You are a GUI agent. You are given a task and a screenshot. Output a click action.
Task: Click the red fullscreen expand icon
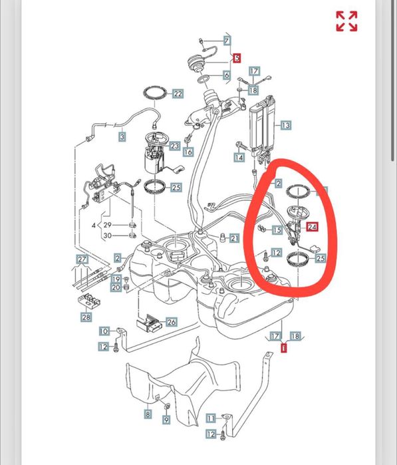click(346, 21)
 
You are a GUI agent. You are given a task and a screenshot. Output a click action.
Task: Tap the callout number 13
click(285, 125)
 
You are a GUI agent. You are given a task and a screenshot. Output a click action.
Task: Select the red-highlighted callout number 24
click(312, 227)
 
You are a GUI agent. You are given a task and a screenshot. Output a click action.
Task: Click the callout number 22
click(178, 94)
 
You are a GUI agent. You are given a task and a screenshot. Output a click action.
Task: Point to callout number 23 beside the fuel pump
click(175, 146)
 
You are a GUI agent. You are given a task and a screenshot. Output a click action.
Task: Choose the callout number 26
click(172, 322)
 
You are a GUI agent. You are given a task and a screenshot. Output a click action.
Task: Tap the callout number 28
click(86, 317)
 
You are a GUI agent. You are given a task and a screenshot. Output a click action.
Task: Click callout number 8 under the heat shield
click(148, 414)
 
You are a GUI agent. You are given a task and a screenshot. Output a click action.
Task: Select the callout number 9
click(166, 419)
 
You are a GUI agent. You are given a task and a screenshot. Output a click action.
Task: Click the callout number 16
click(188, 152)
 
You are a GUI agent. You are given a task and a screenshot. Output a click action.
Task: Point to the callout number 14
click(239, 157)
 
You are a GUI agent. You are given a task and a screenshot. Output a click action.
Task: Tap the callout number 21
click(234, 238)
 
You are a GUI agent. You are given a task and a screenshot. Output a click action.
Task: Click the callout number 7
click(227, 41)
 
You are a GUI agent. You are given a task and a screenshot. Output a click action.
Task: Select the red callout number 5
click(237, 58)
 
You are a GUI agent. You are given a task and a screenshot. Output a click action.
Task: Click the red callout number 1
click(284, 348)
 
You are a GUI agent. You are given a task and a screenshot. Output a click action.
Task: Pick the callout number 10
click(104, 331)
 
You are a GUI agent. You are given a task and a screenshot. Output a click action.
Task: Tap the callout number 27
click(82, 259)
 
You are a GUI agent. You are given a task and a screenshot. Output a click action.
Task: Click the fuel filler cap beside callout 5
click(196, 63)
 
